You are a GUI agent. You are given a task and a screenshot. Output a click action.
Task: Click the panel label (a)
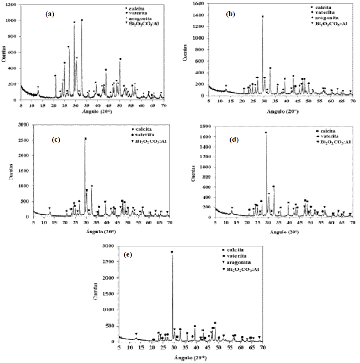50,14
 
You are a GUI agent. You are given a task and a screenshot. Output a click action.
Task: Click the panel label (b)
231,14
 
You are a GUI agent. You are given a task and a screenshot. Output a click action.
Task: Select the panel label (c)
57,140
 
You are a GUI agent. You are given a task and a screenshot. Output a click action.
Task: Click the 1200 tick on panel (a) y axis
11,5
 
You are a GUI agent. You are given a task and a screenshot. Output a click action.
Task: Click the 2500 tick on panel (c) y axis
23,140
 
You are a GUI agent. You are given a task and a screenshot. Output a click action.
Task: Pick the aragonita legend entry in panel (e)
241,262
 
